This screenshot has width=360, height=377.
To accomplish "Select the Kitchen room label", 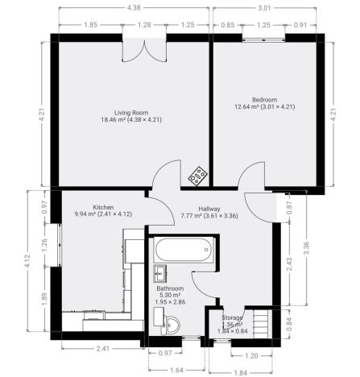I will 103,206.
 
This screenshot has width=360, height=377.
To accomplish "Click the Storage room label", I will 233,317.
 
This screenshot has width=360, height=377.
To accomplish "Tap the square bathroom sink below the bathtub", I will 160,271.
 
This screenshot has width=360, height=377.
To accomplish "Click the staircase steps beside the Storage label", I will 259,325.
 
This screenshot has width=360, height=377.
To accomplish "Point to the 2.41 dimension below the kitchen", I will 101,348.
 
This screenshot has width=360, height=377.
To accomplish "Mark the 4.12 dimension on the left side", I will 27,260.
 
